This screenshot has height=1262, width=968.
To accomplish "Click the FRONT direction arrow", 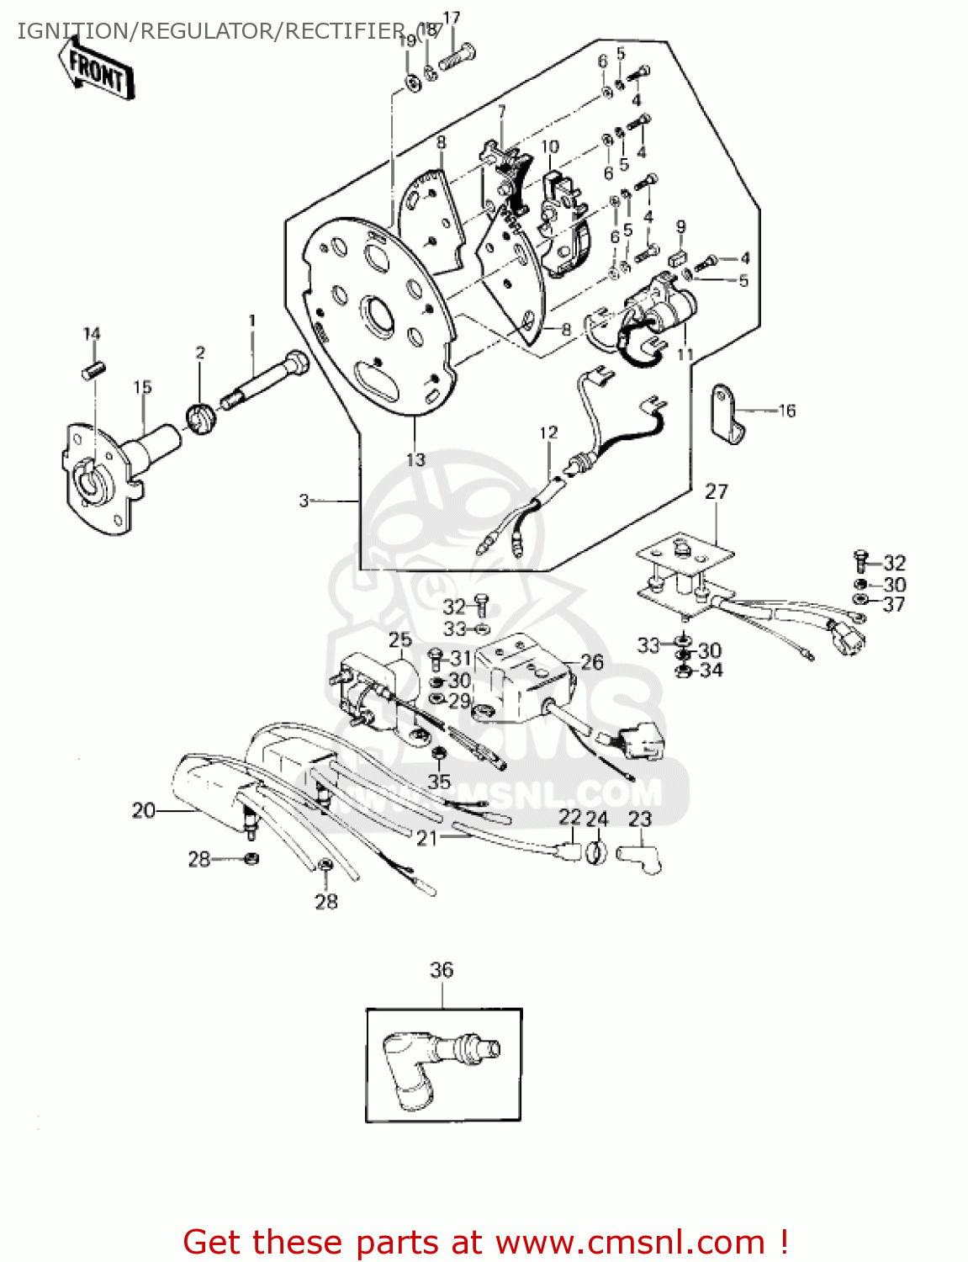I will coord(94,71).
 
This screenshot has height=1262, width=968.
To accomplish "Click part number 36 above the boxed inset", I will coord(442,970).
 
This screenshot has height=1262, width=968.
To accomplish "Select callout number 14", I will coord(92,334).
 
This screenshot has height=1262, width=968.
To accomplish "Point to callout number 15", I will coord(142,387).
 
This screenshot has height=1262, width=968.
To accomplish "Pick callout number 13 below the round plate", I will coord(416,459).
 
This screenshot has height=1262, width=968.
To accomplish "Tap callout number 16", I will coord(786,411).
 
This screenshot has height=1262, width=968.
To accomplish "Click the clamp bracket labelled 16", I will coord(726,413).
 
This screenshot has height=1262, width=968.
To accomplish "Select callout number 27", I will coord(717,491).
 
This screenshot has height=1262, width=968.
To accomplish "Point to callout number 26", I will coord(592,662).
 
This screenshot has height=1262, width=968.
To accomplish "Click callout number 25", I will coord(400,640).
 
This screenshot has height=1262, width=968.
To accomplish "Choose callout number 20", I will coord(144,810).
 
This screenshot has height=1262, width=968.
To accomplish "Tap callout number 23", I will coord(640,819).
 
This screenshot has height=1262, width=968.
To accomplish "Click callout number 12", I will coord(548,432).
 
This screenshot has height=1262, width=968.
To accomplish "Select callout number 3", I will coord(304,501).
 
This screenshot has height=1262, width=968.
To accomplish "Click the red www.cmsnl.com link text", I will coord(630,1242).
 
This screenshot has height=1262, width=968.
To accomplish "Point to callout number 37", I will coord(893,604).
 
